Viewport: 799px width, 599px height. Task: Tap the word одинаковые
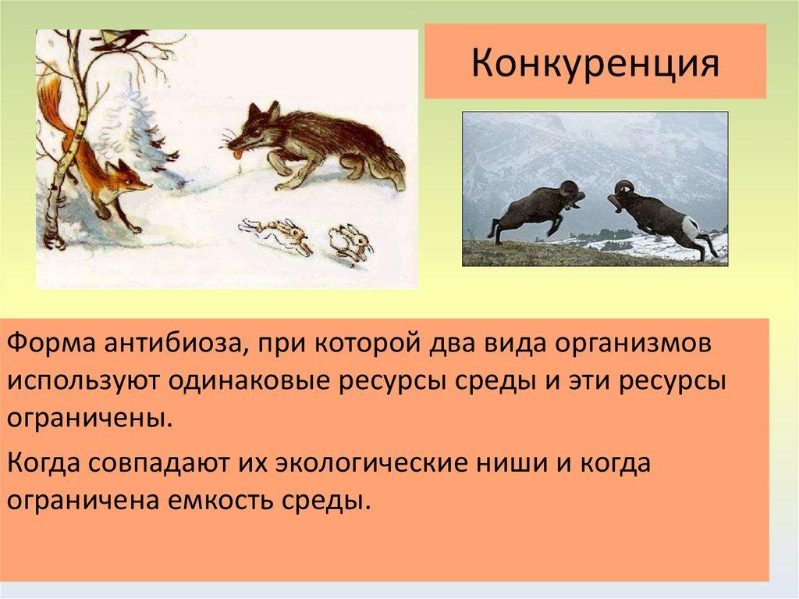coord(247,382)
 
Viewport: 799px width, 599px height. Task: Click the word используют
coord(81,383)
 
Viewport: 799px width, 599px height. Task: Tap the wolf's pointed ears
coord(264,111)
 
